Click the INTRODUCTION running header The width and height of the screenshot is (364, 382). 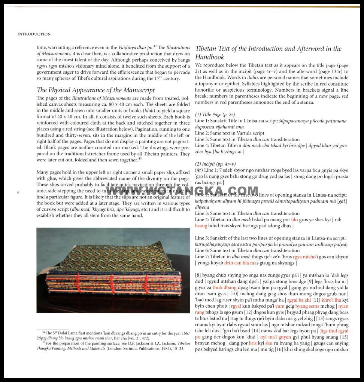(x=34, y=34)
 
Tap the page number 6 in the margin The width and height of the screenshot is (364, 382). (x=18, y=192)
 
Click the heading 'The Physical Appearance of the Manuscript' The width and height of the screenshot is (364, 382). (x=95, y=90)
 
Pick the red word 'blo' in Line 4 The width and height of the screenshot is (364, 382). (x=294, y=220)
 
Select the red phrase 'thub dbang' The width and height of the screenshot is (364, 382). (x=224, y=287)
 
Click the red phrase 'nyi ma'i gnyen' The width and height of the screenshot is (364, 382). (x=278, y=337)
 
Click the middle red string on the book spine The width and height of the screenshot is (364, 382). (x=111, y=288)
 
